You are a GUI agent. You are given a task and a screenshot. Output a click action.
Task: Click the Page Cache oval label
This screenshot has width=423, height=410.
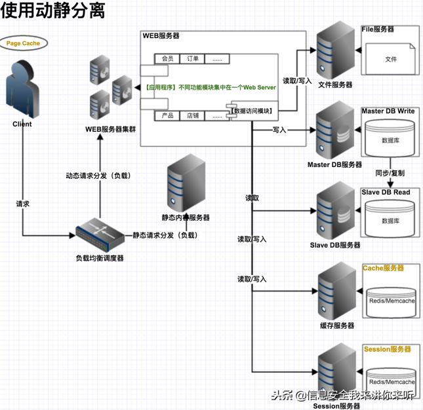tap(23, 43)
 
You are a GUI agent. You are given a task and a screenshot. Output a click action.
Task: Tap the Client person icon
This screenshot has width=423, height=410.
tap(22, 89)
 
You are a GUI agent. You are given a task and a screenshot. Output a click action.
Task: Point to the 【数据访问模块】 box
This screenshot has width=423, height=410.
tap(253, 111)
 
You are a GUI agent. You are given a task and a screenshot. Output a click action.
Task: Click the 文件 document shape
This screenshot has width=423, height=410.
tap(391, 59)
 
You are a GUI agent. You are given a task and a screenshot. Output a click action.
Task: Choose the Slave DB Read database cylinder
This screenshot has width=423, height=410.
tap(391, 219)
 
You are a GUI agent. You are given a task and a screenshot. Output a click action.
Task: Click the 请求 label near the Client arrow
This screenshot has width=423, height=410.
tap(23, 204)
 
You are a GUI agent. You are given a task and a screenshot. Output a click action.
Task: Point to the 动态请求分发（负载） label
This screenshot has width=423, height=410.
tap(97, 176)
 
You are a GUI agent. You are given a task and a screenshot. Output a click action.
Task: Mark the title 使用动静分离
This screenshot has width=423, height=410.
tap(52, 12)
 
